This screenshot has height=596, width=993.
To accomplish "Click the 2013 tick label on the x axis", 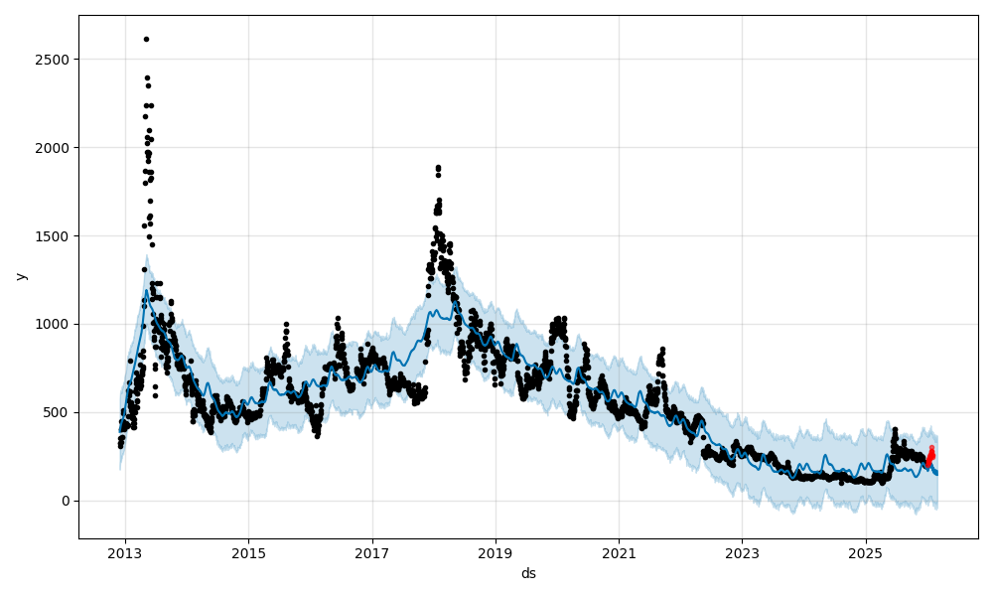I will coord(124,555).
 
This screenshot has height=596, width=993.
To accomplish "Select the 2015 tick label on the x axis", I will coord(248,555).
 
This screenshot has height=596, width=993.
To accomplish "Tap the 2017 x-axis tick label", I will coord(371,555).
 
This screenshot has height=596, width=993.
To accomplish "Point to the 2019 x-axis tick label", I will coord(495,555).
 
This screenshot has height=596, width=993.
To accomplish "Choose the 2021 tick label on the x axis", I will coord(619,555).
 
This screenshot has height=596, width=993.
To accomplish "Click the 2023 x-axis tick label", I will coord(742,555).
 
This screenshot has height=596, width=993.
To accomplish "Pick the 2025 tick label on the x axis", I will coord(865,555).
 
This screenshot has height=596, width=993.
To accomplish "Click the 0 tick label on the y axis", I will coord(66,501).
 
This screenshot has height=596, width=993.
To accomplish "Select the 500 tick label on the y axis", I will coord(59,412).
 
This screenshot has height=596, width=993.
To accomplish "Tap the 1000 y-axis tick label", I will coord(55,324).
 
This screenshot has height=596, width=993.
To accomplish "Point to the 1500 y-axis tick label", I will coord(55,235).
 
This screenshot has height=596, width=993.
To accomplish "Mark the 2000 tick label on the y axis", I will coord(55,147).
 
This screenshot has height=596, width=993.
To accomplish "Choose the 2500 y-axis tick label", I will coord(55,60).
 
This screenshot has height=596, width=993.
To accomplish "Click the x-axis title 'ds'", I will coord(528,574).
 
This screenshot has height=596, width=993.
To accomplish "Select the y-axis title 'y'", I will coord(20,276).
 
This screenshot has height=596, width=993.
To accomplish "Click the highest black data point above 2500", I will coord(146,39).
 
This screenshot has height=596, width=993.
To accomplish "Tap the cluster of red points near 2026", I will coord(930,456).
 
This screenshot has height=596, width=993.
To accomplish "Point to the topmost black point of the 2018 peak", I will coord(438,168).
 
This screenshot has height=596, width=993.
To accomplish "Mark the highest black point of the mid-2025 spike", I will coord(895,430).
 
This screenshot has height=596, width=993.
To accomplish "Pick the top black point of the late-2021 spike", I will coord(662,350).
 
